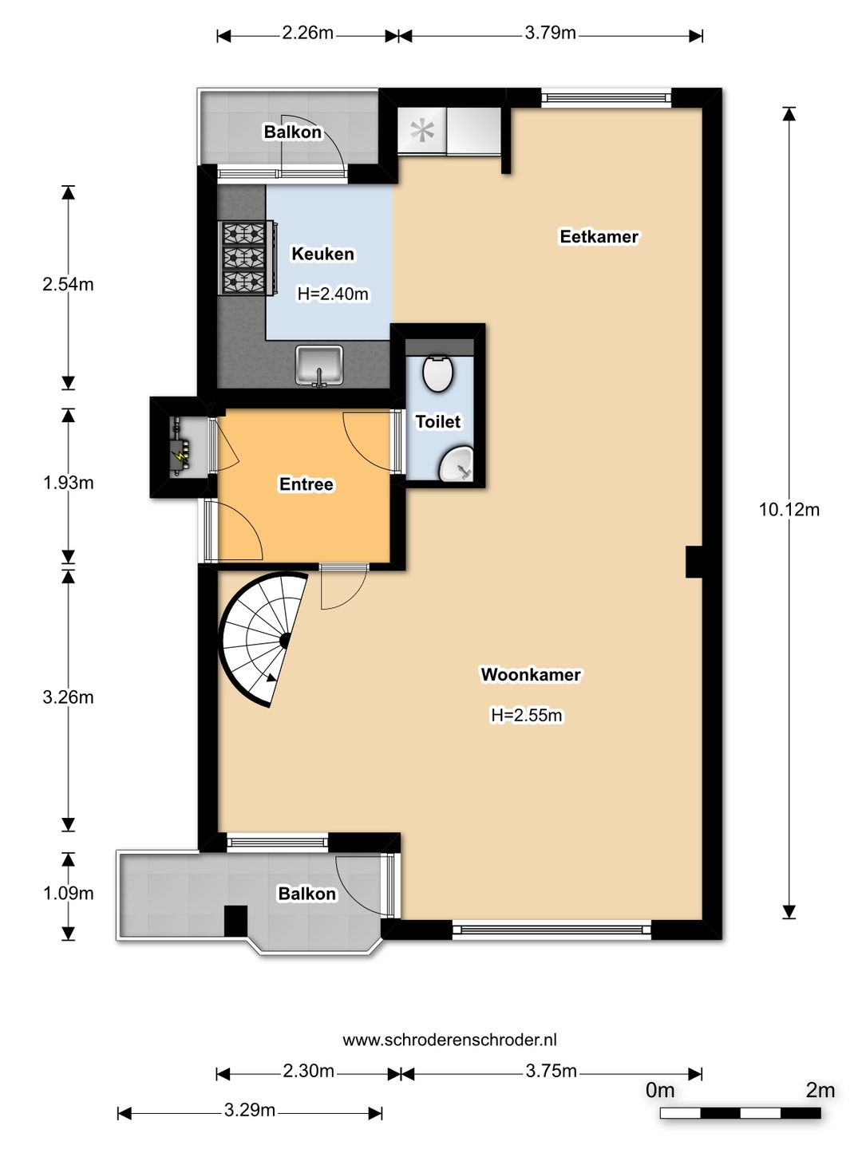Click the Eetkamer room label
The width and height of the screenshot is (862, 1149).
[599, 237]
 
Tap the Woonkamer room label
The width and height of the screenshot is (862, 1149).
[531, 674]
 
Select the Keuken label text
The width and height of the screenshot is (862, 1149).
[323, 254]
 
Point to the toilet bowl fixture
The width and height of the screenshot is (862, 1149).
[437, 373]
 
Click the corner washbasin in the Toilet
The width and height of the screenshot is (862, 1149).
[457, 464]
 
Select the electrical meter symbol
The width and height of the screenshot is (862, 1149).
[181, 448]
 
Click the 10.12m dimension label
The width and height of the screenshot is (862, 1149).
[789, 509]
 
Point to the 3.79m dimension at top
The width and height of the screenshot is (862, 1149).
[550, 33]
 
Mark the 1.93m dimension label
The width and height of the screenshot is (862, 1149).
[68, 483]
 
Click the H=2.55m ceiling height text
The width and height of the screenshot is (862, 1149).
[527, 715]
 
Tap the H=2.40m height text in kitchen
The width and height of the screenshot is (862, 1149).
[333, 294]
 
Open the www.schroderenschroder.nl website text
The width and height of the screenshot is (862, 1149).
[449, 1039]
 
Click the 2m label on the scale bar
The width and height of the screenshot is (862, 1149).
[820, 1091]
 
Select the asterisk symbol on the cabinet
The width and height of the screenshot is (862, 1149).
[422, 130]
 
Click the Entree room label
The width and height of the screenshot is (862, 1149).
[306, 484]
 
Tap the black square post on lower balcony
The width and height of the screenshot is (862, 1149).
[235, 921]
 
